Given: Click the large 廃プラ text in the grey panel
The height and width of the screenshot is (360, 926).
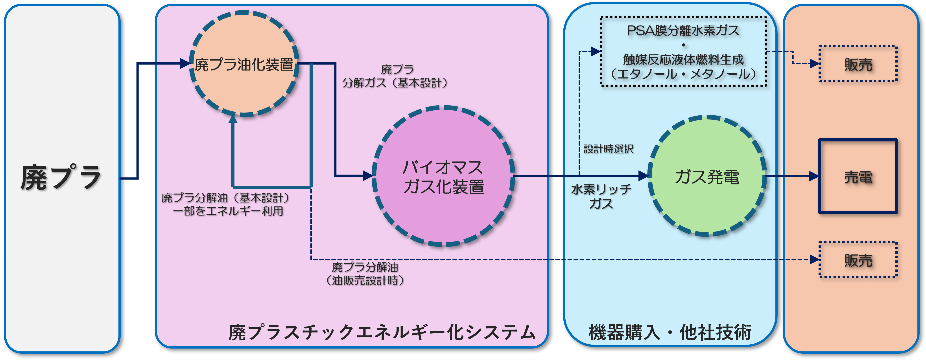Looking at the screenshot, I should [61, 177].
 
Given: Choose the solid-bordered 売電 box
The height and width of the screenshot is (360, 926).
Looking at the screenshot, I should [858, 176].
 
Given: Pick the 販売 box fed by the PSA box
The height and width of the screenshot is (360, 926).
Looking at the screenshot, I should [858, 64].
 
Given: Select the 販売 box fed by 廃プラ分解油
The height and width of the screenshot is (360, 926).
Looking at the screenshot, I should [858, 260].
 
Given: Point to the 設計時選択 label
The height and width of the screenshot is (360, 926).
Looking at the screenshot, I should [608, 149].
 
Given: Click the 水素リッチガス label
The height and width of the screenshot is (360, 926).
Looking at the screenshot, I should [601, 196].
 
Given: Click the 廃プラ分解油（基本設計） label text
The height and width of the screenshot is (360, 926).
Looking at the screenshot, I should [226, 198].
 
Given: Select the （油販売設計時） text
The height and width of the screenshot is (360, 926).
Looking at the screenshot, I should [365, 280].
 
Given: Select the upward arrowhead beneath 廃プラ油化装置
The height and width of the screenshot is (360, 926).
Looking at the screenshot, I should [233, 119].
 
